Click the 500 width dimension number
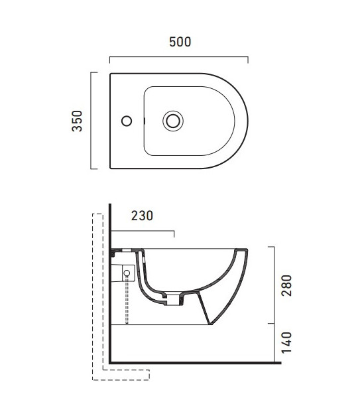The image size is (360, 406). (x=180, y=42)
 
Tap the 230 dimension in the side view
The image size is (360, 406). (x=142, y=216)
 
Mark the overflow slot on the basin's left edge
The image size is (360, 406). (x=145, y=121)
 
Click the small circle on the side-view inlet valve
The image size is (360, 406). (x=127, y=273)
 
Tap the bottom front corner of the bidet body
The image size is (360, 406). (x=212, y=324)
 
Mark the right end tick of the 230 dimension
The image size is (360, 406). (x=174, y=234)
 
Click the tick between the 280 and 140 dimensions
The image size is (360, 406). (x=272, y=324)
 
